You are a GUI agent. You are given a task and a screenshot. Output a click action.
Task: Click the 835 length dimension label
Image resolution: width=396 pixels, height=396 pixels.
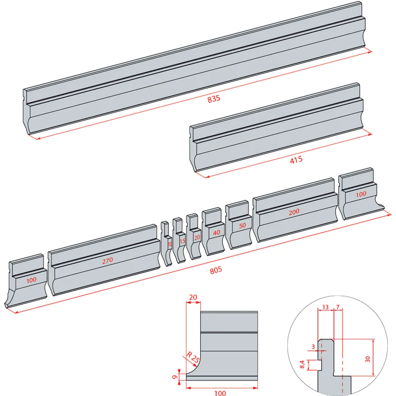point(213,99)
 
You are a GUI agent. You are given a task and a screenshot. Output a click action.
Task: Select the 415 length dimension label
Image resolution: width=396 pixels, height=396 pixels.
point(296,160)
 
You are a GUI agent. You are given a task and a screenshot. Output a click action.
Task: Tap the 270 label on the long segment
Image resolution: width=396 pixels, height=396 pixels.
point(107,261)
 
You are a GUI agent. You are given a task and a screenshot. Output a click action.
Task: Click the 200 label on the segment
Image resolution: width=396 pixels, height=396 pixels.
point(294,212)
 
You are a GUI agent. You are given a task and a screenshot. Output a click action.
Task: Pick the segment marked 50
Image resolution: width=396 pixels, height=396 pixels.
point(240,228)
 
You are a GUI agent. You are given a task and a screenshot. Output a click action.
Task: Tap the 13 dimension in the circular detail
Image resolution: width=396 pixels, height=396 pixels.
point(326,307)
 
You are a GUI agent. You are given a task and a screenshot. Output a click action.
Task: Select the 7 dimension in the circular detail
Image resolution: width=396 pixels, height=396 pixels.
point(338,307)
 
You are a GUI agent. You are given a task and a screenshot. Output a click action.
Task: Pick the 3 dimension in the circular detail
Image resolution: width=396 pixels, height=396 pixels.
point(313,347)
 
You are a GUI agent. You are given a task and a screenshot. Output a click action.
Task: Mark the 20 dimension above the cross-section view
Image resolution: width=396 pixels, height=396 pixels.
point(193,297)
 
